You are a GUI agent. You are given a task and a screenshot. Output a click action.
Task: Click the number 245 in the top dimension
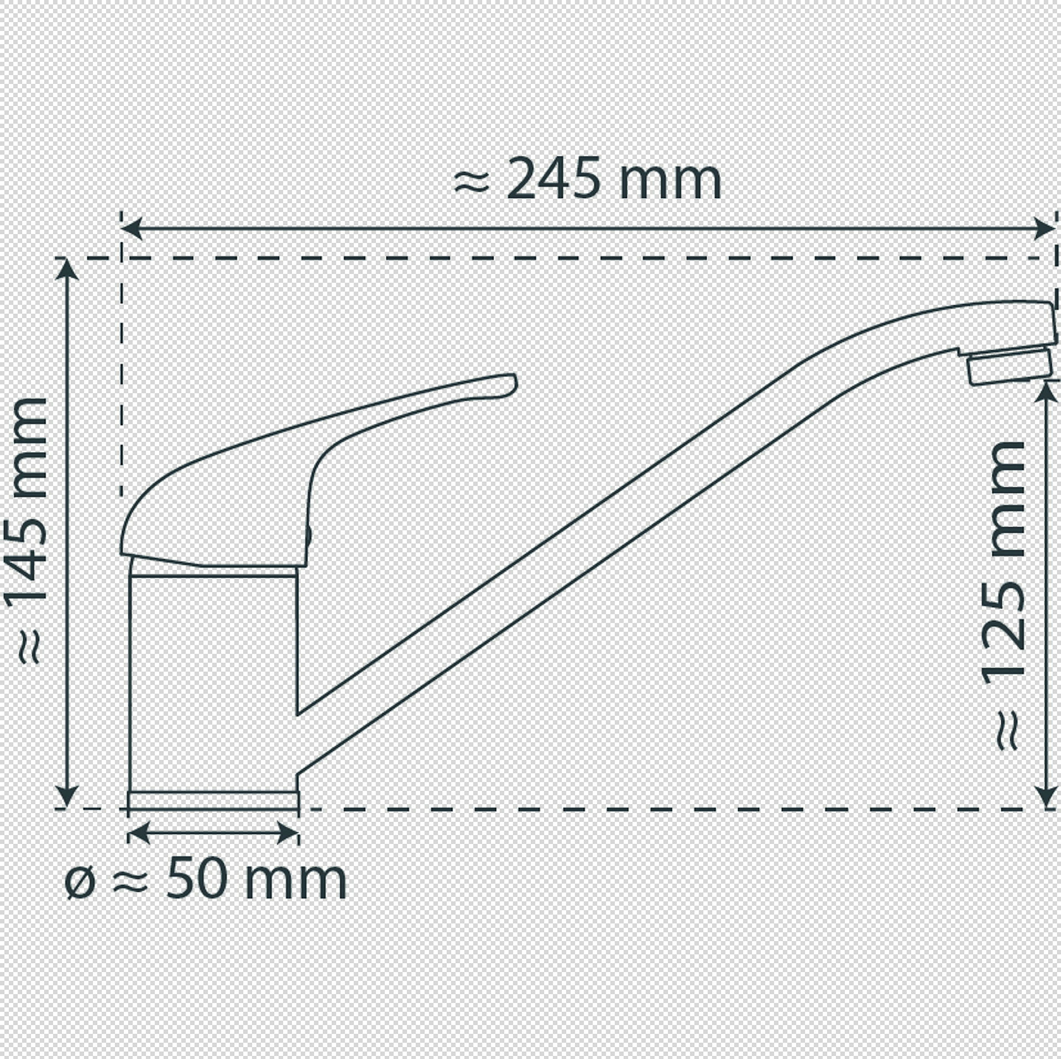point(553,179)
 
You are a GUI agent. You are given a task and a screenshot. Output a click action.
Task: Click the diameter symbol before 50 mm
point(80,882)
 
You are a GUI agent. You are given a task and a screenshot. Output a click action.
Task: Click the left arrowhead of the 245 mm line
point(132,228)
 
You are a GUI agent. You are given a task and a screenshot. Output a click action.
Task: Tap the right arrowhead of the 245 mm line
point(1043,228)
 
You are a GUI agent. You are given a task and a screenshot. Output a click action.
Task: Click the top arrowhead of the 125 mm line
point(1046,391)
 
